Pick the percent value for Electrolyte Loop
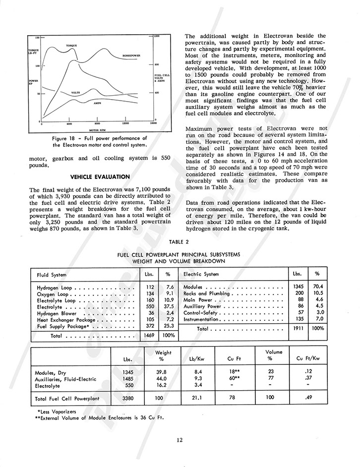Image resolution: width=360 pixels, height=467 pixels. click(169, 300)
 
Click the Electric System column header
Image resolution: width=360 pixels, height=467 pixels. click(201, 274)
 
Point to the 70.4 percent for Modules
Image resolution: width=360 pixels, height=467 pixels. click(315, 288)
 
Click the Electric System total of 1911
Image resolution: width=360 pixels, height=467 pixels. click(297, 329)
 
